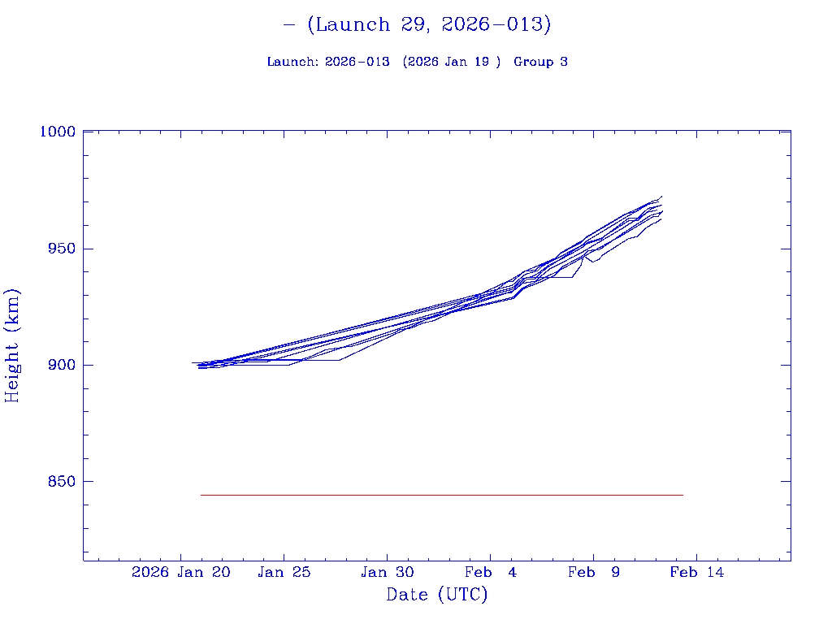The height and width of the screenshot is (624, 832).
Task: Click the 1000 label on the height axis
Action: pyautogui.click(x=58, y=132)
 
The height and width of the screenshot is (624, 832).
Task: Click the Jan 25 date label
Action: pyautogui.click(x=284, y=572)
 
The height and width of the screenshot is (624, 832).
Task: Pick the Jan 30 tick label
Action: pyautogui.click(x=388, y=572)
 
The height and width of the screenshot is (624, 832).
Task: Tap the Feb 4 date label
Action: pyautogui.click(x=490, y=572)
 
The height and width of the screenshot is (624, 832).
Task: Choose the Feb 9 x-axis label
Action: pyautogui.click(x=593, y=572)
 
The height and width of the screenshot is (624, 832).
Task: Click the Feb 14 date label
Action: pyautogui.click(x=696, y=572)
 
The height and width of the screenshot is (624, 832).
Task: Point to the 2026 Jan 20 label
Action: pyautogui.click(x=181, y=572)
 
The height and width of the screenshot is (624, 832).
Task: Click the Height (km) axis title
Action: pyautogui.click(x=12, y=345)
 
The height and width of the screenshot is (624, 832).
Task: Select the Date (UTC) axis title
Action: pyautogui.click(x=437, y=595)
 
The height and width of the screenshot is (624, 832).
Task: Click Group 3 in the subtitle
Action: pyautogui.click(x=540, y=62)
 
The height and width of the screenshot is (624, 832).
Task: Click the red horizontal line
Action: pyautogui.click(x=439, y=495)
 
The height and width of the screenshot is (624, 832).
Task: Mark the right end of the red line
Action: pyautogui.click(x=682, y=495)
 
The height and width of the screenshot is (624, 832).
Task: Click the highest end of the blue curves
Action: pyautogui.click(x=662, y=196)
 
